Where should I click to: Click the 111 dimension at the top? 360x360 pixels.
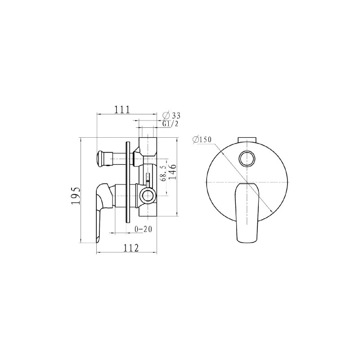[122, 109]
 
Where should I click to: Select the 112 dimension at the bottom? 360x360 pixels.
[131, 248]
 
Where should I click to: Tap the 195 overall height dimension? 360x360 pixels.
[76, 195]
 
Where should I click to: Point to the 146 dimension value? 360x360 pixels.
[172, 172]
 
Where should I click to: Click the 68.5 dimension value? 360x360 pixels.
[163, 173]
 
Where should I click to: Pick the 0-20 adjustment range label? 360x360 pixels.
[143, 229]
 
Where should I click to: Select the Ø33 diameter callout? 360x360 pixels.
[171, 115]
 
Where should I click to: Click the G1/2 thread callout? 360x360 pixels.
[170, 124]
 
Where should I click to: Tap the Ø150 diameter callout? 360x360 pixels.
[202, 139]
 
